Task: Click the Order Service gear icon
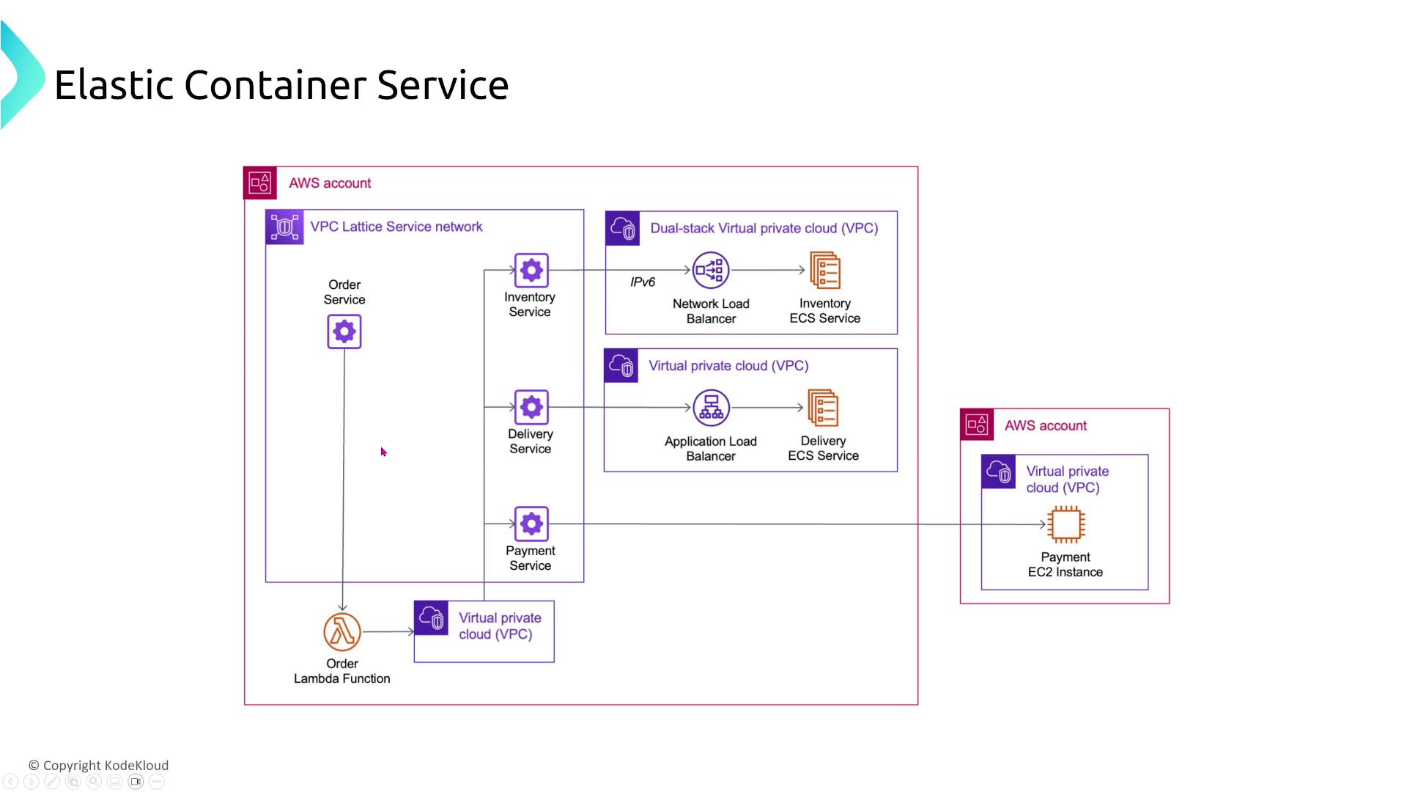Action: click(x=344, y=331)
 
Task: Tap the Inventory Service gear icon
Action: click(x=531, y=270)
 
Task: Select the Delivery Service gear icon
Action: click(x=531, y=407)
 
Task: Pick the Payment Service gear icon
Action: click(x=531, y=524)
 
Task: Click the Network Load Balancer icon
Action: click(x=711, y=270)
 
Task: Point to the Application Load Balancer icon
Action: click(x=711, y=407)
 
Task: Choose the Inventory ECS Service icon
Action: click(x=825, y=270)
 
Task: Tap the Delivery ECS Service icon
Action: click(x=823, y=407)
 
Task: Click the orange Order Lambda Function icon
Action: click(x=342, y=631)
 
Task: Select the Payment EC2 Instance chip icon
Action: click(x=1066, y=524)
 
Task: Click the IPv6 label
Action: click(x=643, y=282)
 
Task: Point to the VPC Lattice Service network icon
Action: click(x=284, y=227)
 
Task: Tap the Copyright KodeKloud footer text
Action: click(x=99, y=766)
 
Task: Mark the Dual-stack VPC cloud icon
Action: click(x=623, y=228)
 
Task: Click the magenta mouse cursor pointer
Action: click(x=383, y=452)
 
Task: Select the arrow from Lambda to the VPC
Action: click(x=388, y=631)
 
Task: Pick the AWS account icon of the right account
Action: click(x=977, y=425)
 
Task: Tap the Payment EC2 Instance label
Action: click(x=1066, y=565)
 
